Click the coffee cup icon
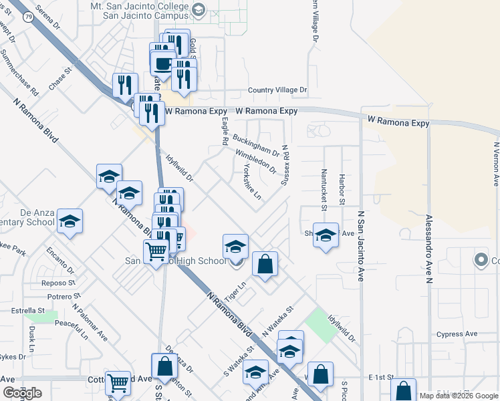pyautogui.click(x=162, y=63)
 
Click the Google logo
pyautogui.click(x=22, y=393)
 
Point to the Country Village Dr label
pyautogui.click(x=277, y=90)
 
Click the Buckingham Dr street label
pyautogui.click(x=257, y=144)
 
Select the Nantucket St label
pyautogui.click(x=323, y=189)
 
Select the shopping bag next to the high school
pyautogui.click(x=265, y=263)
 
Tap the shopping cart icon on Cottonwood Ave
pyautogui.click(x=118, y=382)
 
